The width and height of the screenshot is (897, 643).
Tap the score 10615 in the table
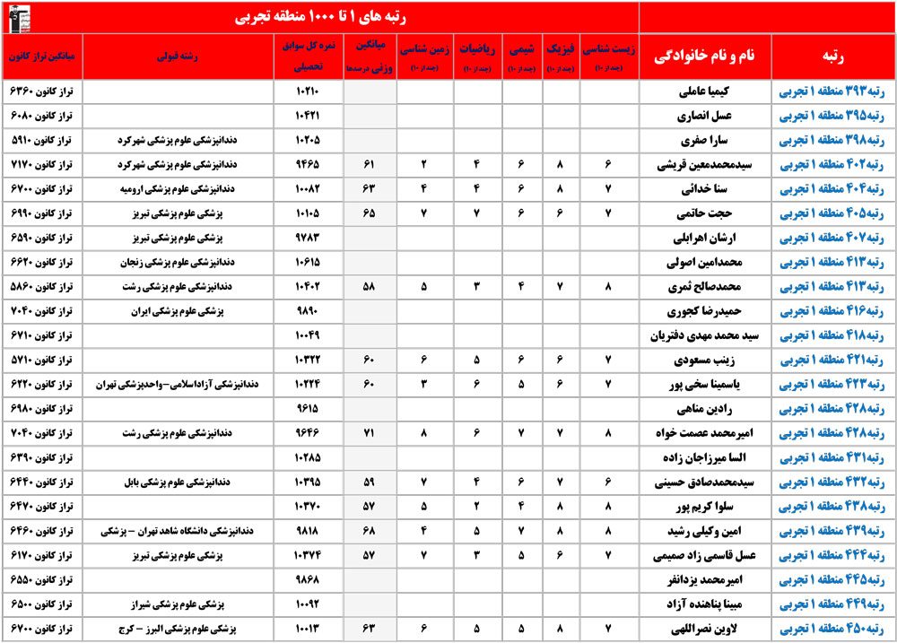[308, 263]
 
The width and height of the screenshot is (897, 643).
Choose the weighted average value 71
[368, 432]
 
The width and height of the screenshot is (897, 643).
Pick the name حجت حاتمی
[712, 214]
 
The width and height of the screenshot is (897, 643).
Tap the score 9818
[308, 530]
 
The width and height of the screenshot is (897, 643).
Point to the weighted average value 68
[368, 530]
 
